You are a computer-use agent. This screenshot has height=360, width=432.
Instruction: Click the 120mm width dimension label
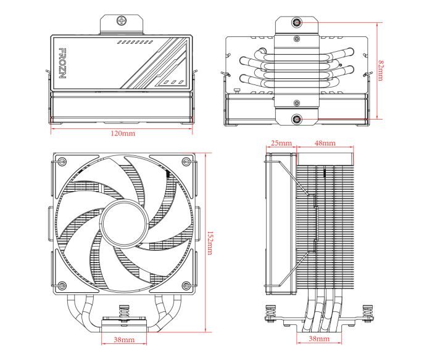tap(122, 133)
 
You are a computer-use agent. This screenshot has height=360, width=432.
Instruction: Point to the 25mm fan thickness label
tap(281, 143)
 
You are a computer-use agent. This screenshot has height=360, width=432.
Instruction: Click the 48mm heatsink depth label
tap(325, 143)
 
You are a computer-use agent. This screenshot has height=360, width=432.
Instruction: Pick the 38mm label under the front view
tap(124, 340)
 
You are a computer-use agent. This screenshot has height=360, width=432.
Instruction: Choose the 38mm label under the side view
tap(318, 340)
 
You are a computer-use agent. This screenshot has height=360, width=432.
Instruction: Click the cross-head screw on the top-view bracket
tap(121, 20)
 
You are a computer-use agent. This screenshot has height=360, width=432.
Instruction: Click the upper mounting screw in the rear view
tap(297, 23)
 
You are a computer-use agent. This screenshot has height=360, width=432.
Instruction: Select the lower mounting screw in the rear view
tap(297, 118)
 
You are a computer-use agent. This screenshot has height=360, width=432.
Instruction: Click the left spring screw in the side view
tap(270, 312)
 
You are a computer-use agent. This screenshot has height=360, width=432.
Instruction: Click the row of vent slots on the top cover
tap(135, 43)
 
